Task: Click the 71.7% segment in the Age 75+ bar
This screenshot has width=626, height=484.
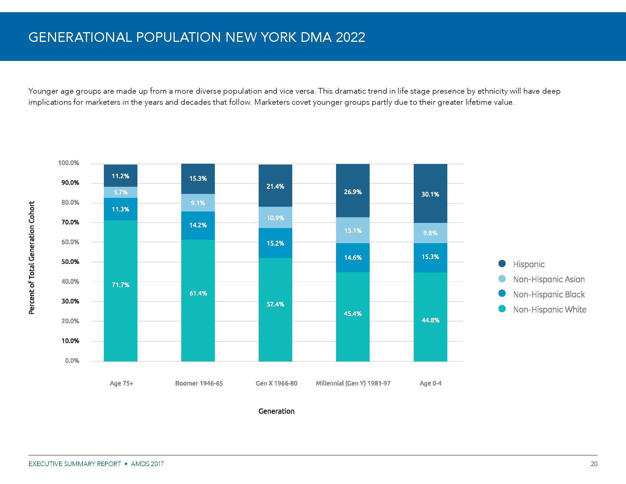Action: [x=120, y=290]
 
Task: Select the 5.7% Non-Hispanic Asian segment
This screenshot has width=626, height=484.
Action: [x=120, y=192]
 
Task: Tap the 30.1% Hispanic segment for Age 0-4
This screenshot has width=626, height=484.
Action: [x=430, y=194]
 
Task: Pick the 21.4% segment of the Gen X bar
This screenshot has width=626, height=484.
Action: [x=275, y=186]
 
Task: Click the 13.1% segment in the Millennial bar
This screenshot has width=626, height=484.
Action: [x=353, y=230]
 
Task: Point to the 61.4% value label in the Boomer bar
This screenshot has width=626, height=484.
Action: [x=198, y=293]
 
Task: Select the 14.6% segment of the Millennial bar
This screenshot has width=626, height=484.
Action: [x=353, y=257]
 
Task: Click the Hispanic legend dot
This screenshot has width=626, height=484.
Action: [x=502, y=264]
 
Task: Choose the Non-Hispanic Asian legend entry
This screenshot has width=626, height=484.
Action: [x=549, y=279]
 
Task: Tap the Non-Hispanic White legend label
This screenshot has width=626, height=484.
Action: [x=549, y=309]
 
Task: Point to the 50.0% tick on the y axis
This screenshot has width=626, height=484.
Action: [x=70, y=262]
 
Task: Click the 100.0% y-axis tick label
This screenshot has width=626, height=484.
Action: [x=69, y=163]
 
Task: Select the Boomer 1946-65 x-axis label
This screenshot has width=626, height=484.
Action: [x=199, y=383]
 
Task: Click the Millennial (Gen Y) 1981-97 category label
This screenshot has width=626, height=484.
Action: [x=353, y=383]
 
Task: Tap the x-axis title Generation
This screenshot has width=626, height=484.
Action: [x=276, y=411]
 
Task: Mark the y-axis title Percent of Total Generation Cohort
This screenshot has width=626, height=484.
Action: [x=32, y=257]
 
